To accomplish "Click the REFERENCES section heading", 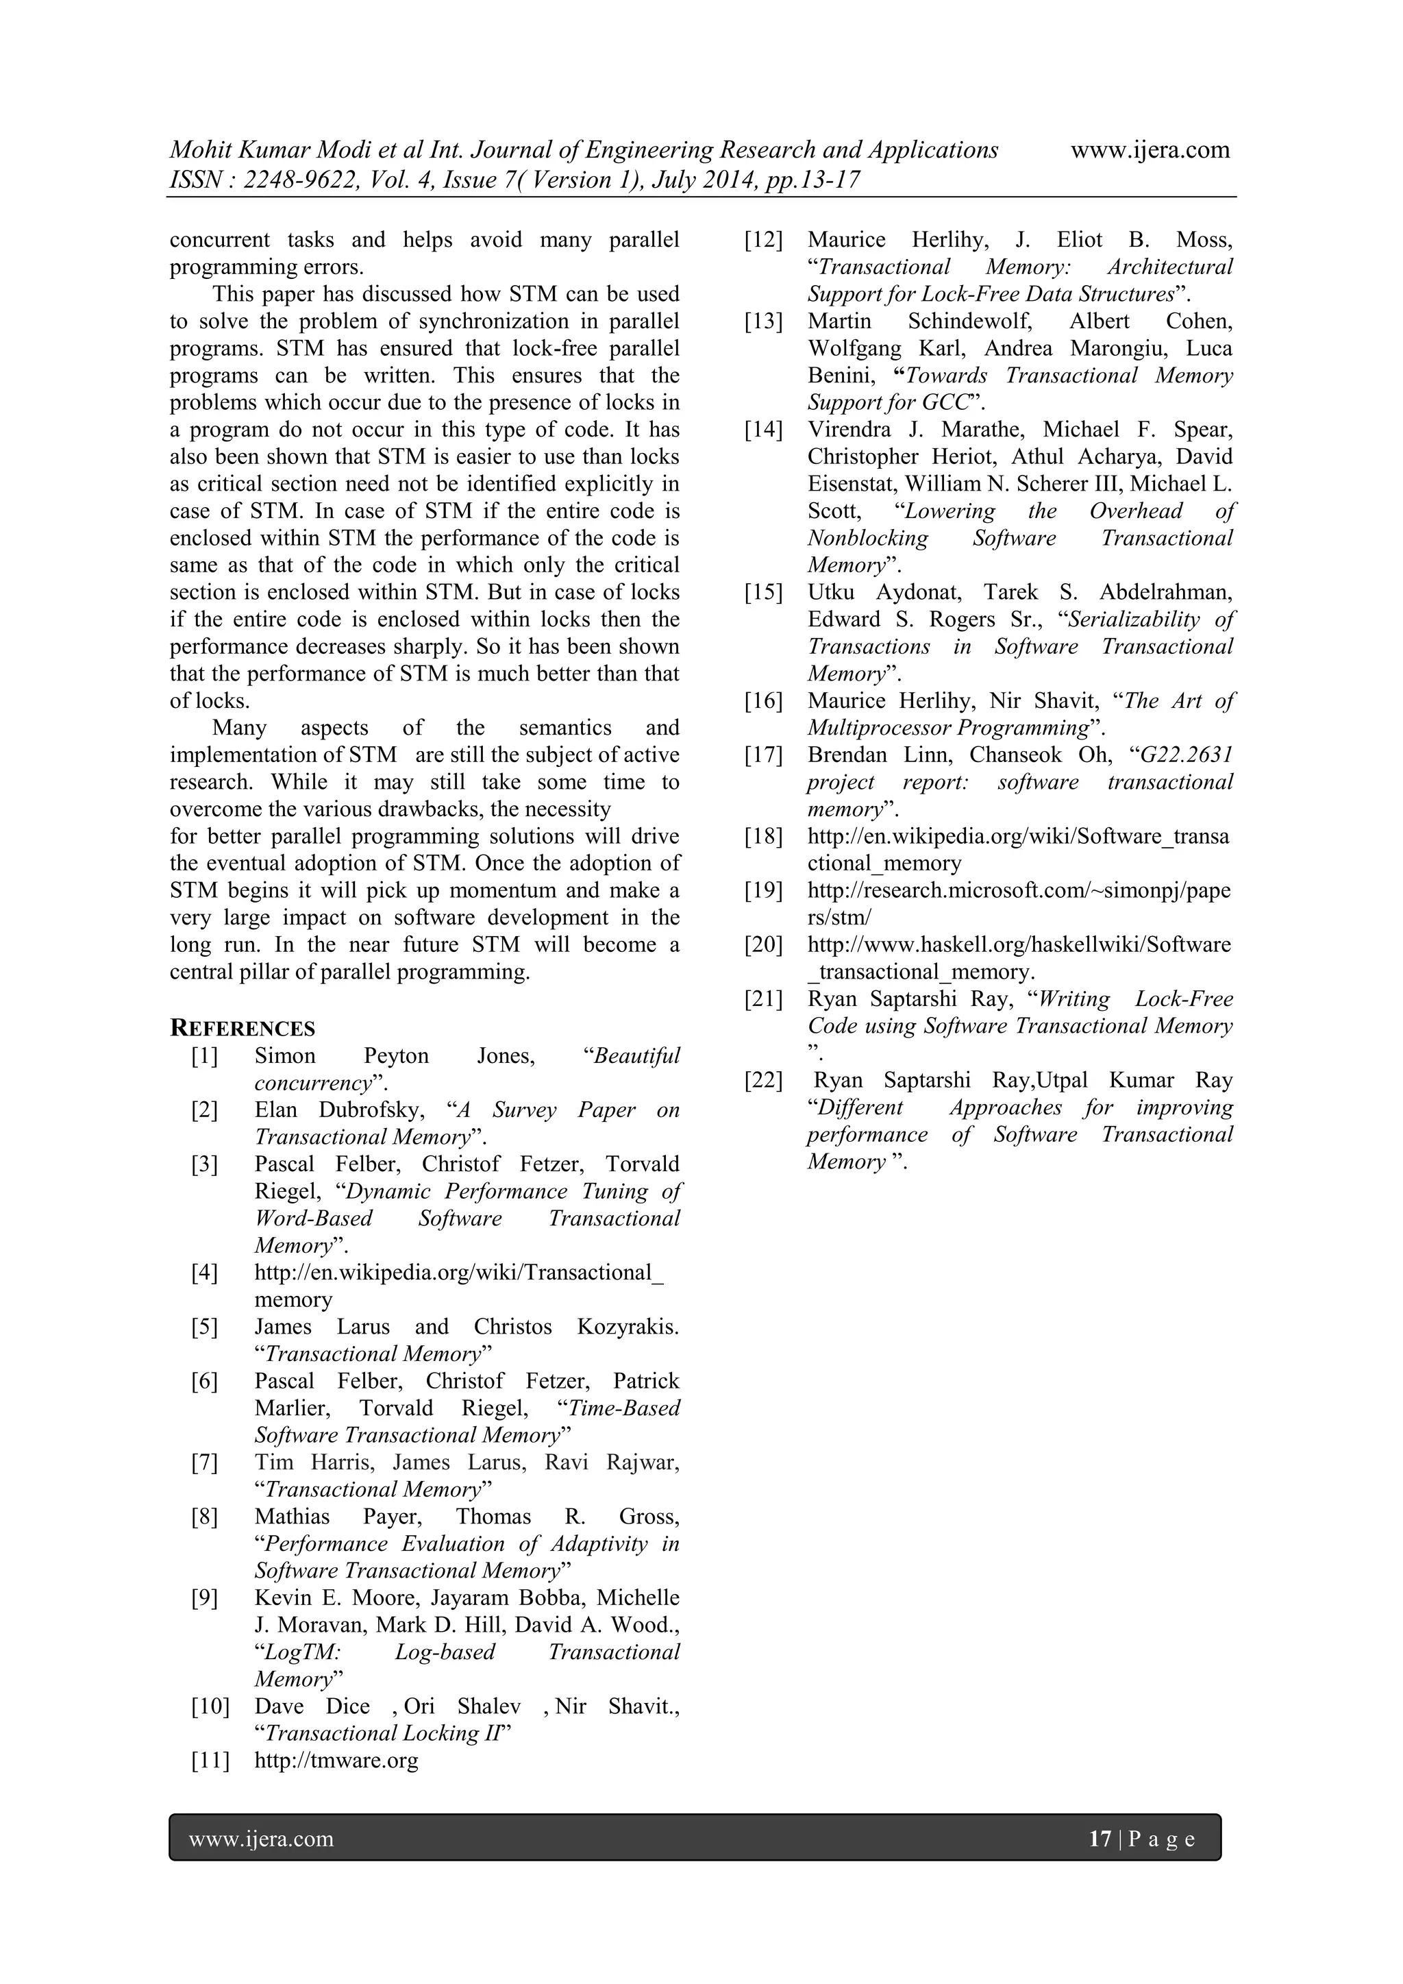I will coord(243,1028).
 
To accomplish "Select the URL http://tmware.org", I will coord(336,1760).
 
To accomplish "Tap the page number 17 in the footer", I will coord(1100,1838).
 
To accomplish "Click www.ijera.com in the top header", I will coord(1150,150).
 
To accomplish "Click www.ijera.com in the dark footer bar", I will coord(261,1838).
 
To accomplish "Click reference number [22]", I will coord(764,1080).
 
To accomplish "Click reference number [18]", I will coord(764,837).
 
